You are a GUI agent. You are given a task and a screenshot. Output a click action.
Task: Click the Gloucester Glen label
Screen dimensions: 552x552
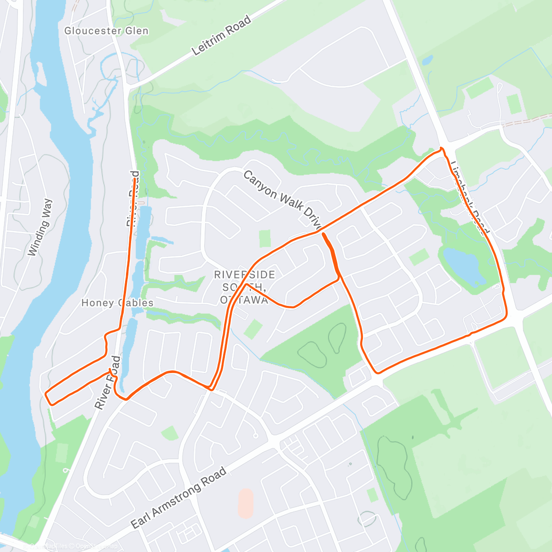pyautogui.click(x=106, y=31)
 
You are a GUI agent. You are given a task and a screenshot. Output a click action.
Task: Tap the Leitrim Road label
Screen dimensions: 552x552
pyautogui.click(x=221, y=35)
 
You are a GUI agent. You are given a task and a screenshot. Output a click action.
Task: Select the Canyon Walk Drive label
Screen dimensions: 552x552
pyautogui.click(x=282, y=200)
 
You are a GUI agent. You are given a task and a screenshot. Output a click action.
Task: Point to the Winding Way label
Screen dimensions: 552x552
pyautogui.click(x=40, y=227)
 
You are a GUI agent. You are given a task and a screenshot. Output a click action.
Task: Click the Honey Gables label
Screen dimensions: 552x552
pyautogui.click(x=117, y=303)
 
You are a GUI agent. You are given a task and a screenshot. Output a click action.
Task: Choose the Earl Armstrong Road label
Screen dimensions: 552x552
pyautogui.click(x=178, y=498)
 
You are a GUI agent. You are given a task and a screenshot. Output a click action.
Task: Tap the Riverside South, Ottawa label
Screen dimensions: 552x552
pyautogui.click(x=244, y=287)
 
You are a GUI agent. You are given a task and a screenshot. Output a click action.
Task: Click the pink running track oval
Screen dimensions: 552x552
pyautogui.click(x=246, y=503)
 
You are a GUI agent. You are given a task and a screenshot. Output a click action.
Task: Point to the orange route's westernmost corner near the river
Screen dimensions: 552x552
pyautogui.click(x=46, y=394)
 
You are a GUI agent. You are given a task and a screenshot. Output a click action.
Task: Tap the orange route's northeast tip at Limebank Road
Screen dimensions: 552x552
pyautogui.click(x=442, y=149)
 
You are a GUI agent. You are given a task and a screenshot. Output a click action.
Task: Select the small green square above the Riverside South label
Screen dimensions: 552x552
pyautogui.click(x=264, y=238)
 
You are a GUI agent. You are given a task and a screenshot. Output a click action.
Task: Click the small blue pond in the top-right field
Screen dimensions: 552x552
pyautogui.click(x=427, y=60)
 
